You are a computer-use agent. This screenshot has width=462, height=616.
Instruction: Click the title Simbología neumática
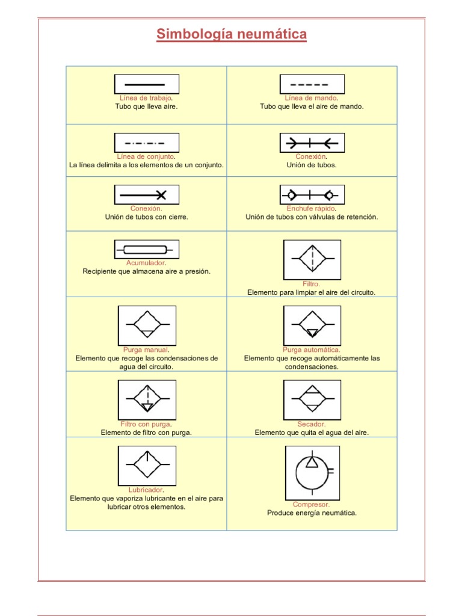tap(232, 34)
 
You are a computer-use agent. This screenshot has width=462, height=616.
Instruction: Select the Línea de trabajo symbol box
tap(146, 84)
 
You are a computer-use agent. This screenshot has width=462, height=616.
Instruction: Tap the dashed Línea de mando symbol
tap(312, 84)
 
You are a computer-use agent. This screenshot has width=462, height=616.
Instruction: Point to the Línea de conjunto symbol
tap(146, 143)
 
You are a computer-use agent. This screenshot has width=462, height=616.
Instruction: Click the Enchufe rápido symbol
tap(312, 195)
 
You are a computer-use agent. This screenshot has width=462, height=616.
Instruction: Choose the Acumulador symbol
tap(146, 249)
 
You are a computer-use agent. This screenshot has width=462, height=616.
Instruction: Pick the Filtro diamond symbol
tap(312, 259)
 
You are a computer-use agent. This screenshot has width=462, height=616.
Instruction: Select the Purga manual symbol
tap(147, 325)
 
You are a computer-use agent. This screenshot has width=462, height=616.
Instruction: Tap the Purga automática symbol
tap(312, 325)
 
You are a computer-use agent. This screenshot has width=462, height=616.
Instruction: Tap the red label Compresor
tap(311, 505)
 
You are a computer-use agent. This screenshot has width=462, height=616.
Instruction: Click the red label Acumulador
tap(146, 263)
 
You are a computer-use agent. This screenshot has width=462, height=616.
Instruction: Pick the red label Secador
tap(312, 424)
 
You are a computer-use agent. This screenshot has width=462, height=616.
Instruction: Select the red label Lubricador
tap(146, 490)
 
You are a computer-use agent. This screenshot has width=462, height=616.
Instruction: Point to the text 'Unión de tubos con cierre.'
tap(146, 217)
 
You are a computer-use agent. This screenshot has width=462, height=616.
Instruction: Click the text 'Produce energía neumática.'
tap(312, 513)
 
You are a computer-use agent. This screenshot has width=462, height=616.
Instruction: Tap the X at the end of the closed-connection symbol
tap(161, 194)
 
